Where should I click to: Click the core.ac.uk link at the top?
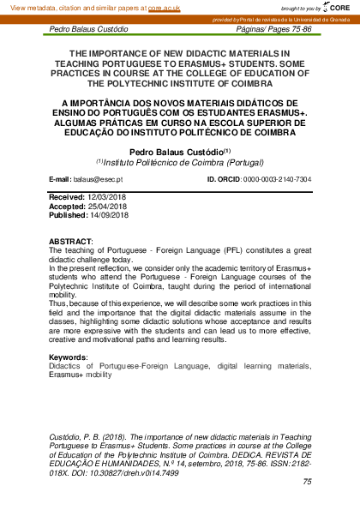click(x=165, y=7)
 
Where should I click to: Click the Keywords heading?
click(x=69, y=357)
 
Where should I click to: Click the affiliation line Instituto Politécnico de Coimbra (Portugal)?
click(x=180, y=161)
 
